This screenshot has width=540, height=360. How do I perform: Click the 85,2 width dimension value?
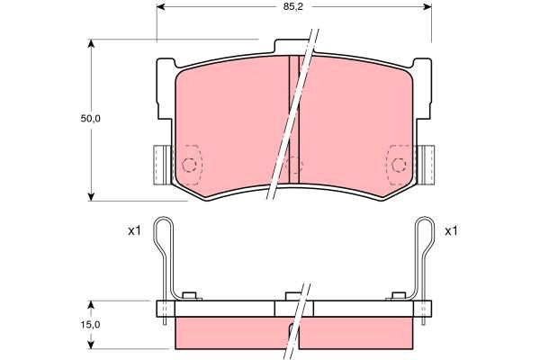(293, 7)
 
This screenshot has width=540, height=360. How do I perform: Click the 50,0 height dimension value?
(90, 119)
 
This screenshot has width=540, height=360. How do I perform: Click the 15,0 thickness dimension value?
(90, 325)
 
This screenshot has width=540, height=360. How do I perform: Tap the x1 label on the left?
(134, 230)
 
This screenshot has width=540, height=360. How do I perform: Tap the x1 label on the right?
(451, 230)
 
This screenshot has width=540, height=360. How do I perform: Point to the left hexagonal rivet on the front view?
(189, 165)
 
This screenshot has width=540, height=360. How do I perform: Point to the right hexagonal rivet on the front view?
(399, 165)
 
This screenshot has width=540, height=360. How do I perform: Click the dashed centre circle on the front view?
(293, 165)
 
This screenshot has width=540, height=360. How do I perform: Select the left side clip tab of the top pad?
(162, 165)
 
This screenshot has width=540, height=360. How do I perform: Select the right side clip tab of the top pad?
(426, 165)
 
